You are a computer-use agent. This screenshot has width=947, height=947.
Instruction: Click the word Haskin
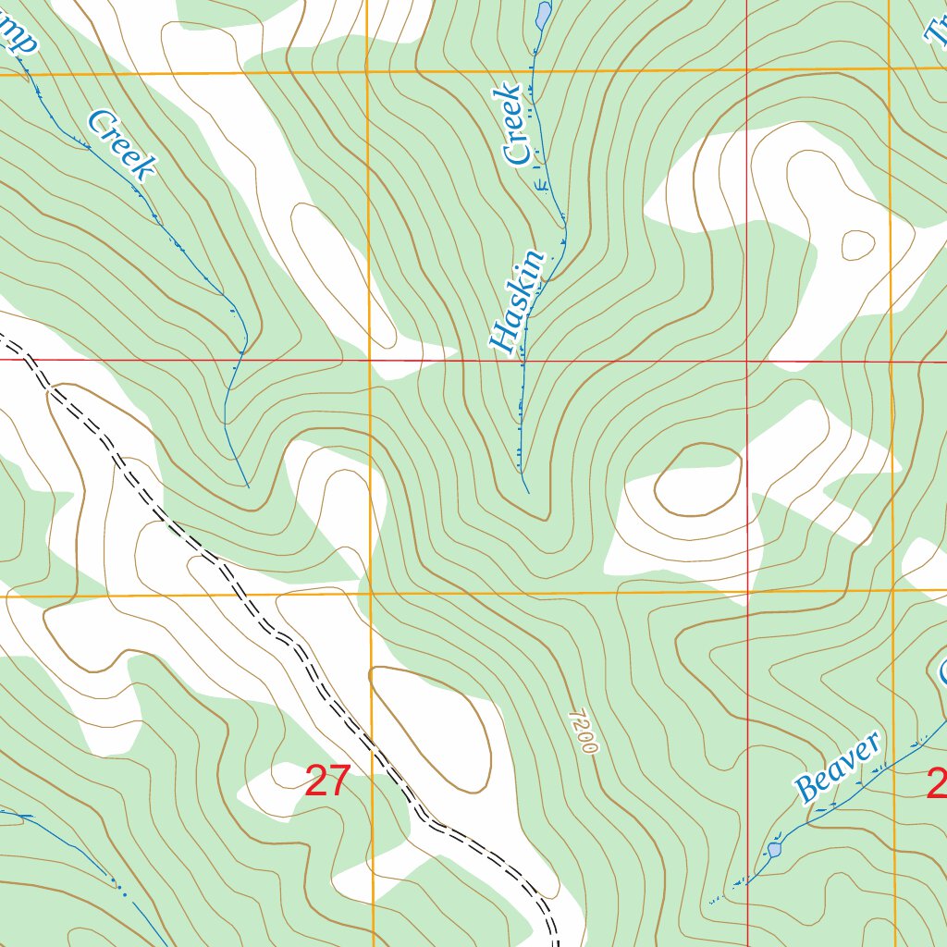518,303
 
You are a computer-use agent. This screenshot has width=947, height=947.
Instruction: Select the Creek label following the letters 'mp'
121,144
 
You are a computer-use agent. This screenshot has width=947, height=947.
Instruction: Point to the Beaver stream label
838,768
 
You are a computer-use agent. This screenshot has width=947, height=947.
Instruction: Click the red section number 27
326,781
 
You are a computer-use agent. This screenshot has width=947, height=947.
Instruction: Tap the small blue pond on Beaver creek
775,848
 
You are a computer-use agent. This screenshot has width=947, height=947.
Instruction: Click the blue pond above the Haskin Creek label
543,14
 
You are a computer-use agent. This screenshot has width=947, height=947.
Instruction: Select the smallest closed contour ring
857,244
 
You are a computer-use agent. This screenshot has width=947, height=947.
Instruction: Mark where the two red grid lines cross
747,360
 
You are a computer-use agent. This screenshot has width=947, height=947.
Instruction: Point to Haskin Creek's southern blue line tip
527,491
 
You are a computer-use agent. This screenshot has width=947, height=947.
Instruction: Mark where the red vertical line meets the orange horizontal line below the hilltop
747,591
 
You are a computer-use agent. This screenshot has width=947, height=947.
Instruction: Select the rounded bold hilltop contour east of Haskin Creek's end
698,479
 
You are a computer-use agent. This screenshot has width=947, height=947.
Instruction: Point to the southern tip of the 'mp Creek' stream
248,486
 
